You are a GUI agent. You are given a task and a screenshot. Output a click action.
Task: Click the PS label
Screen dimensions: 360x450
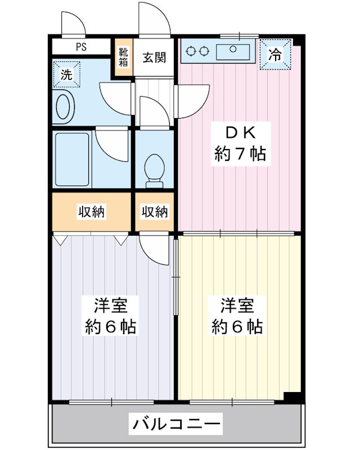pyautogui.click(x=81, y=47)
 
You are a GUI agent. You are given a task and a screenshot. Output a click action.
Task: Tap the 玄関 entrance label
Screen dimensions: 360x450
pyautogui.click(x=155, y=58)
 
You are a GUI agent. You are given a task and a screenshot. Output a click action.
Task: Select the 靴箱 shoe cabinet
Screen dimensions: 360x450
pyautogui.click(x=123, y=57)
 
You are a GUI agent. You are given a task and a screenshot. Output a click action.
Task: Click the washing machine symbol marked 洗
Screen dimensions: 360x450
pyautogui.click(x=66, y=74)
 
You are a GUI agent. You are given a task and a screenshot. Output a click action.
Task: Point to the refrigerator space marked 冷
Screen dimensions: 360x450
pyautogui.click(x=275, y=54)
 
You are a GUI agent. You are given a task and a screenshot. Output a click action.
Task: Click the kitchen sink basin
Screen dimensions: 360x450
pyautogui.click(x=233, y=52)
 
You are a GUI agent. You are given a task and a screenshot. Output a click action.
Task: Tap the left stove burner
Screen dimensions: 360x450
pyautogui.click(x=191, y=51)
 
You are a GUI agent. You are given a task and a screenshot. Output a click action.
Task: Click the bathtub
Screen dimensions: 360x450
pyautogui.click(x=72, y=159)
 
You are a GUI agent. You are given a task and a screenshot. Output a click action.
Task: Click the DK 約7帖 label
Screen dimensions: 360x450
pyautogui.click(x=241, y=144)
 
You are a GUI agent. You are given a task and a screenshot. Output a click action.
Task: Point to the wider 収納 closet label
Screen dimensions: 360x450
pyautogui.click(x=92, y=212)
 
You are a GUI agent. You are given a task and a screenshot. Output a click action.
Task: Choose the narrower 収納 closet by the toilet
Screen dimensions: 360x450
pyautogui.click(x=155, y=211)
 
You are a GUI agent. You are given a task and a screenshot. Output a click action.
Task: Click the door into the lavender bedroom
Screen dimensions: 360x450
pyautogui.click(x=154, y=249)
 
